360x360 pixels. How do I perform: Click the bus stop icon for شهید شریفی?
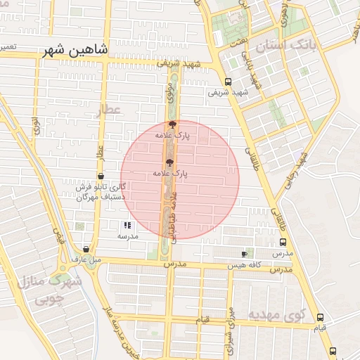228,81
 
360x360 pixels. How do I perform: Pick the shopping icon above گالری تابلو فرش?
101,176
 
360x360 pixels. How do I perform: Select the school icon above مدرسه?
127,226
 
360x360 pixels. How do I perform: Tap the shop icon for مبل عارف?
86,249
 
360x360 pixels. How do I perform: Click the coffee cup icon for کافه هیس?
244,253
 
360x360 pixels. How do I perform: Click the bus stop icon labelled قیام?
321,317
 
